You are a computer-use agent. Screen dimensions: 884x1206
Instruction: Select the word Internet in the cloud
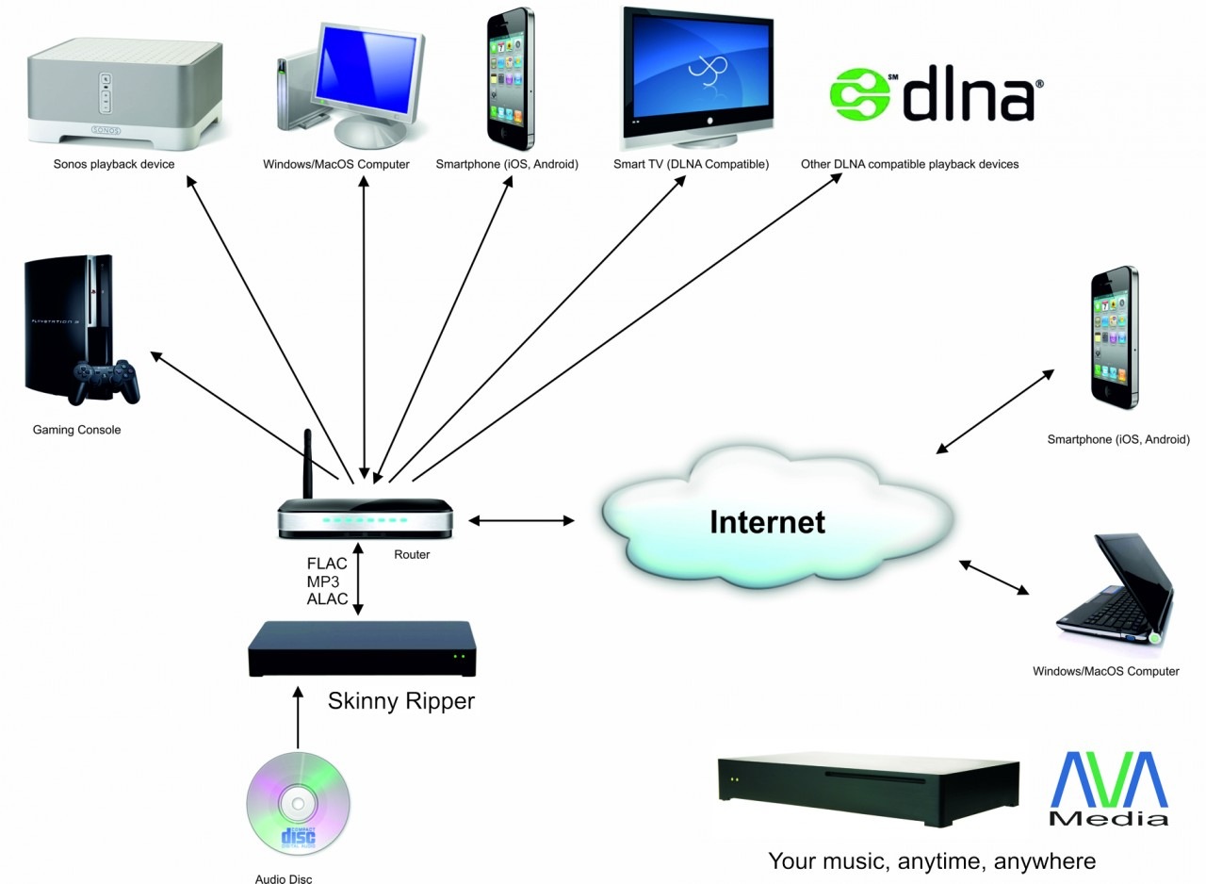(x=767, y=521)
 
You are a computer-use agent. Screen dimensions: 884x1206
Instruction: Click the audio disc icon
(x=298, y=803)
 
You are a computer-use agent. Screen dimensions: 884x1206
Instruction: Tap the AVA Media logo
(x=1108, y=789)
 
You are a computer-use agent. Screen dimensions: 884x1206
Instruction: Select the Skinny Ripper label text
(x=401, y=701)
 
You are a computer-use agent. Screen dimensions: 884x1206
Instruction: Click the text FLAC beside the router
(x=327, y=564)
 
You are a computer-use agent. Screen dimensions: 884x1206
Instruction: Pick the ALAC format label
(x=327, y=599)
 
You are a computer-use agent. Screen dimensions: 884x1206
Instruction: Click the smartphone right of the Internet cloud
(x=1113, y=336)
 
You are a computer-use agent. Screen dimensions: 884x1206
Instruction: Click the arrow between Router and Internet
(x=521, y=520)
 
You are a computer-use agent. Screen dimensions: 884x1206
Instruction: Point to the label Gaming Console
(x=77, y=430)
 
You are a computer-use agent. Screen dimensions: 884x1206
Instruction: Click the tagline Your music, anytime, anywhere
(x=931, y=860)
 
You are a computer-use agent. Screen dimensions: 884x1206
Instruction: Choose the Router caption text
(x=412, y=554)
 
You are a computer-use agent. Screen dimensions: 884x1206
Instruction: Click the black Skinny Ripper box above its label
(x=362, y=647)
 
